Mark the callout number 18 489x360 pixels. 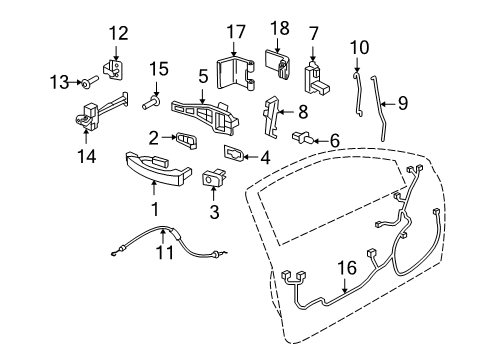pos(279,29)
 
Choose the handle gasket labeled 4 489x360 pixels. pos(234,153)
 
